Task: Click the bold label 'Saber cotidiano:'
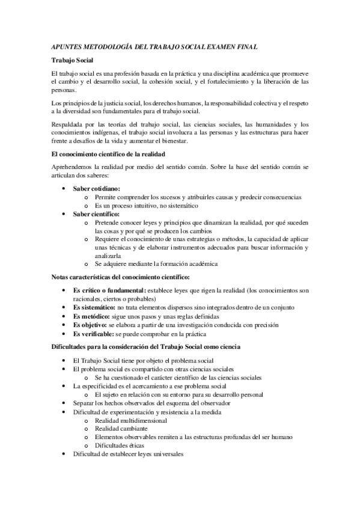(x=97, y=189)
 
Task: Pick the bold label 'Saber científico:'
(x=97, y=214)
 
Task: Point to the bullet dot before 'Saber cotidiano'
(x=64, y=189)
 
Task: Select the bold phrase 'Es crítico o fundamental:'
(x=109, y=291)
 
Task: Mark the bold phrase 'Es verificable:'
(x=94, y=334)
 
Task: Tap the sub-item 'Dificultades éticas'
(x=121, y=446)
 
